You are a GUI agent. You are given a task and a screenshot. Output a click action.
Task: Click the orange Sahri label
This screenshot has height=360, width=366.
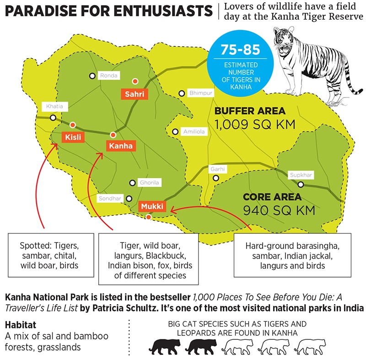pos(135,94)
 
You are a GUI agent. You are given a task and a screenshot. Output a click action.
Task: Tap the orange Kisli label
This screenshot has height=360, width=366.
pos(71,137)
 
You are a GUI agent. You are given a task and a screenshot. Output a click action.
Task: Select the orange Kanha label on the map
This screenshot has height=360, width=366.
pos(120,146)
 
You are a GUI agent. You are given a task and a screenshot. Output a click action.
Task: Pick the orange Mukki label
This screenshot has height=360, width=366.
pos(152,206)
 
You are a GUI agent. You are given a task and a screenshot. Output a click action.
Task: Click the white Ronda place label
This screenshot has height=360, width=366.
pos(109,76)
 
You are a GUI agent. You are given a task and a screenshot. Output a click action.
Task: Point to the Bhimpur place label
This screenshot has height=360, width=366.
pos(201,93)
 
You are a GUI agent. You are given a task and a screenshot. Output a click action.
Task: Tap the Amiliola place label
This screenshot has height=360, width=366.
pos(194,131)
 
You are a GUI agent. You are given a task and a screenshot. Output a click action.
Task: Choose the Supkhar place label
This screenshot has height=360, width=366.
pos(301,175)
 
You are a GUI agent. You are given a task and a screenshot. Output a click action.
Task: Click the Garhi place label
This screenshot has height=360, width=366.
pos(217,169)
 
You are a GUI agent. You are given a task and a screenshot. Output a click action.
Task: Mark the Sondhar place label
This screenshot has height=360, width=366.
pos(110,199)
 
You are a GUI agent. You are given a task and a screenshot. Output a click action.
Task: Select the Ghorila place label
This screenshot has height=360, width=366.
pos(150,183)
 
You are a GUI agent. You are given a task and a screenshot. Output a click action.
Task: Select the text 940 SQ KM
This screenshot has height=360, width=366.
pos(279,211)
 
